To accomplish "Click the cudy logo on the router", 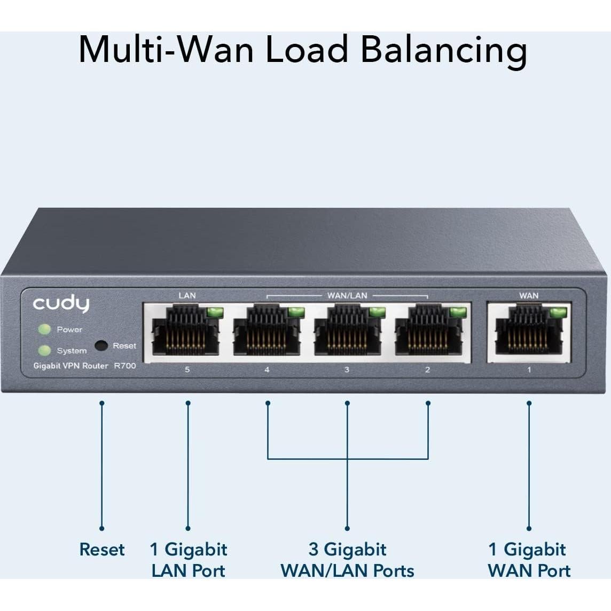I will click(61, 304).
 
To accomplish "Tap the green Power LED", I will click(44, 330).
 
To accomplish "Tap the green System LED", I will click(44, 350).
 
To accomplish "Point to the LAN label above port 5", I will click(187, 295).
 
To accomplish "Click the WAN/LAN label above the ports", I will click(347, 295).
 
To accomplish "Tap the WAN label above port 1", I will click(529, 295).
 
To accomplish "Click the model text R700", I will click(124, 366).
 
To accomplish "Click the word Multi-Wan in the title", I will click(166, 49).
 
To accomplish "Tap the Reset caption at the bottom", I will click(101, 550).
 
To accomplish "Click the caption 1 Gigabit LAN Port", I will click(188, 560).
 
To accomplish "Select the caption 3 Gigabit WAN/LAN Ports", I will click(347, 560).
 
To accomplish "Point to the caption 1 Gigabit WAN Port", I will click(529, 560).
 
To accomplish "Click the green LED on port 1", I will click(559, 311).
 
